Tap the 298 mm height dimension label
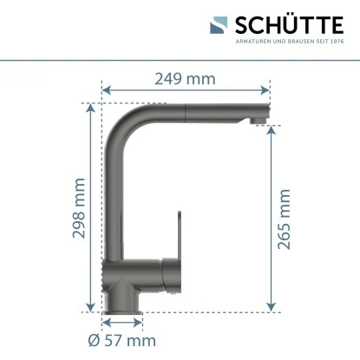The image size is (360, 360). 80,209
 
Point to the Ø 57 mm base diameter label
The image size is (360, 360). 123,340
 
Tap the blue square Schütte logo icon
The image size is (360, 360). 219,26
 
